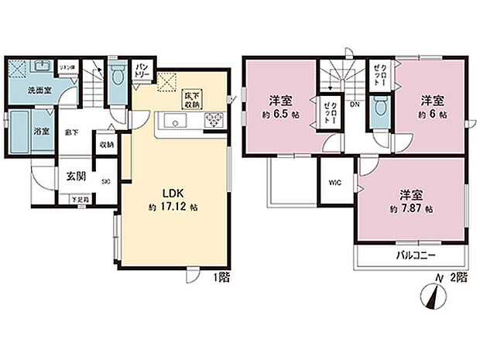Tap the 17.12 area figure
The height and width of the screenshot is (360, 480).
[x=177, y=208]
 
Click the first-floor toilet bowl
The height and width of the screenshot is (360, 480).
[x=117, y=78]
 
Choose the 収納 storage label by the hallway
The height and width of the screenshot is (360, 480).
[x=107, y=145]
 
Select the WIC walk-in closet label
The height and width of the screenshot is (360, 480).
[x=334, y=183]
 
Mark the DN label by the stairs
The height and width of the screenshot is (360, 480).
[x=355, y=105]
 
